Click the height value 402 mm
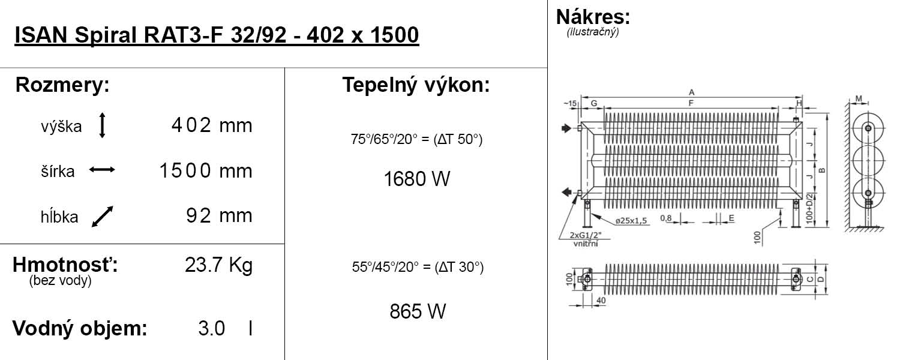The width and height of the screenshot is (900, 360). (x=211, y=126)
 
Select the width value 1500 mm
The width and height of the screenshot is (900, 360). (x=205, y=171)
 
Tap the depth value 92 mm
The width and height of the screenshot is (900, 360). (x=219, y=216)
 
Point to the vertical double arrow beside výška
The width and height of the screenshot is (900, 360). (x=102, y=126)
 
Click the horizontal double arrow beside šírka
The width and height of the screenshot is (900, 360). (x=102, y=170)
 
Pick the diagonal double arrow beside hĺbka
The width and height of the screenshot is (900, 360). (x=102, y=217)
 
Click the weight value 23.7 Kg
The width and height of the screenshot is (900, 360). (x=218, y=265)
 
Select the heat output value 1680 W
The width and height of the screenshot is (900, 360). (x=416, y=179)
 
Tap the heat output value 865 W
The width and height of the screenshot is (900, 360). (x=418, y=311)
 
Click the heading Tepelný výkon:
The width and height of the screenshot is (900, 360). (x=416, y=85)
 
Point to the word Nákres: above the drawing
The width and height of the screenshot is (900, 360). (x=593, y=16)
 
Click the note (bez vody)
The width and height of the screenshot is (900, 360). (x=60, y=281)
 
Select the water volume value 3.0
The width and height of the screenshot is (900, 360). (x=211, y=329)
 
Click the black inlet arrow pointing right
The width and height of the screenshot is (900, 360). (x=566, y=128)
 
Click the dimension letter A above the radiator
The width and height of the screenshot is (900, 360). (x=691, y=92)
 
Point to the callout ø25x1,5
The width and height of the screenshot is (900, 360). (x=631, y=221)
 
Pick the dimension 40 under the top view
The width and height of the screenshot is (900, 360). (x=601, y=300)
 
